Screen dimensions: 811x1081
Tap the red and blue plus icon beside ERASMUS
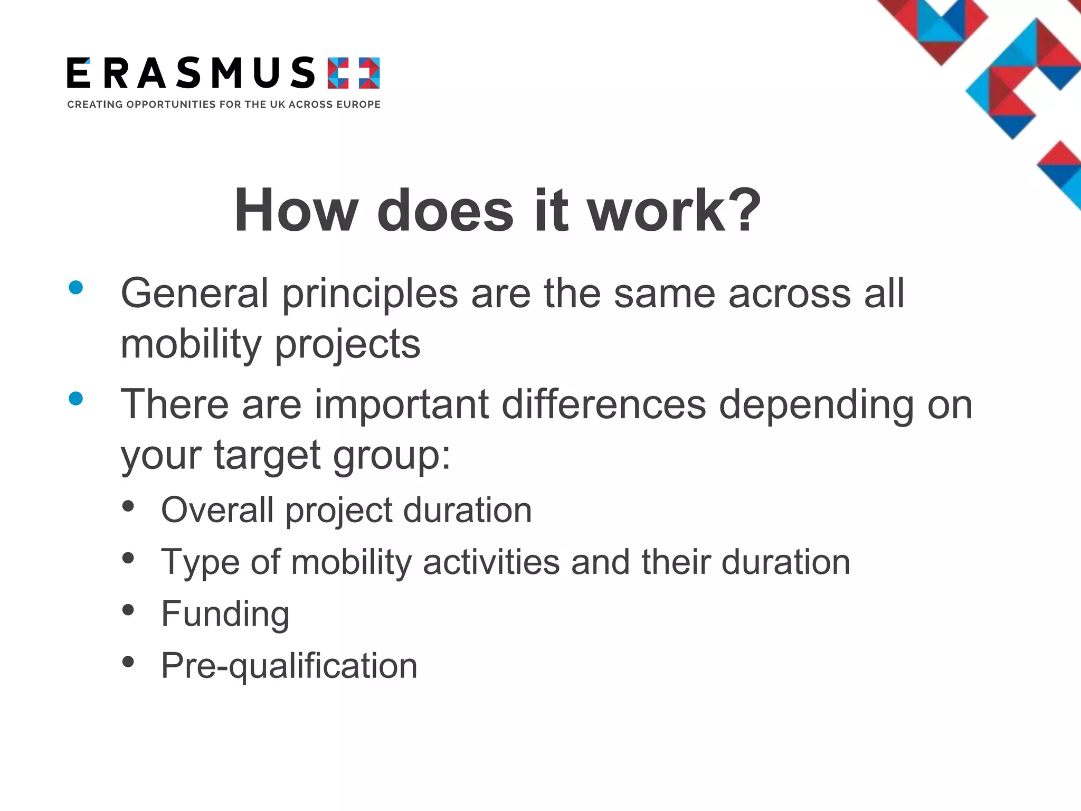(354, 73)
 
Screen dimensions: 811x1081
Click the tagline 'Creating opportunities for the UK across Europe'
(224, 105)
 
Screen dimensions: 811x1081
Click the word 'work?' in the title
(674, 211)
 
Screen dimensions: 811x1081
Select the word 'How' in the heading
(296, 211)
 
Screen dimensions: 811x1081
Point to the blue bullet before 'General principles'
(76, 287)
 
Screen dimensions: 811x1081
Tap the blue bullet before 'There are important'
(76, 399)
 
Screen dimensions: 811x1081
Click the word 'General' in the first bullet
(195, 294)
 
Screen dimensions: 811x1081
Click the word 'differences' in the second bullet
(603, 405)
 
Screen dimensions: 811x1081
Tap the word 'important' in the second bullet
(402, 405)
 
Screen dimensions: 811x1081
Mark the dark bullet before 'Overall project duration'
(128, 506)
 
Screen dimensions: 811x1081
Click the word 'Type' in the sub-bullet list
(200, 563)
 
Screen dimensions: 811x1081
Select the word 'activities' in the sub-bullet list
(491, 562)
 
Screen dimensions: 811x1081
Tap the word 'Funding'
(225, 615)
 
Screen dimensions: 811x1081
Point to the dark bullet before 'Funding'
(128, 610)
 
